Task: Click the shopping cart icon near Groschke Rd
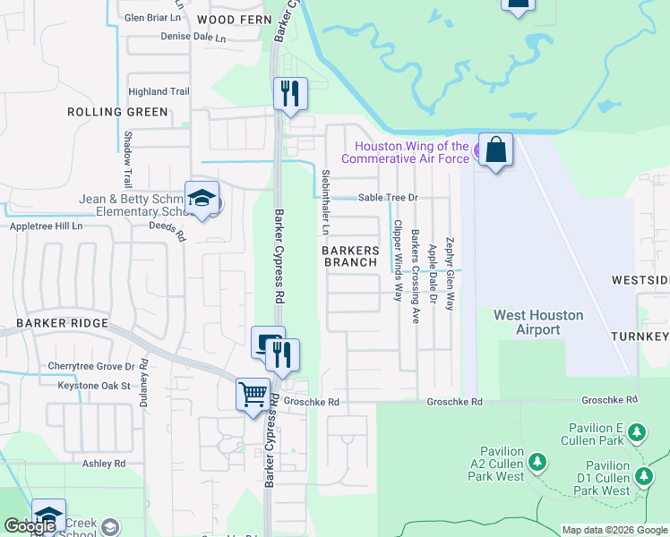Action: [x=253, y=394]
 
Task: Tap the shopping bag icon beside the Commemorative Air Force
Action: [x=495, y=149]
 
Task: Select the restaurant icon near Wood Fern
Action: [x=289, y=93]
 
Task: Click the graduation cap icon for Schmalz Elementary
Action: [x=202, y=199]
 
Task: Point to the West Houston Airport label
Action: [x=538, y=322]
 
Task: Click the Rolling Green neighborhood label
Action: [x=117, y=112]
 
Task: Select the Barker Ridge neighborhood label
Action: [x=62, y=323]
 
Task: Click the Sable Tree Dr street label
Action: [x=388, y=198]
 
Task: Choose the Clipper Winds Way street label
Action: [x=397, y=261]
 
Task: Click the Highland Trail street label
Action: [x=159, y=91]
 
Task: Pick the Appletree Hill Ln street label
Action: [x=46, y=226]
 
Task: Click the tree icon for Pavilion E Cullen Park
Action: [x=637, y=434]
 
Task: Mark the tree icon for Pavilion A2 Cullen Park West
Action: [x=537, y=462]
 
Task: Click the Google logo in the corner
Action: [x=30, y=526]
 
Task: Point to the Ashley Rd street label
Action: [x=104, y=464]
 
